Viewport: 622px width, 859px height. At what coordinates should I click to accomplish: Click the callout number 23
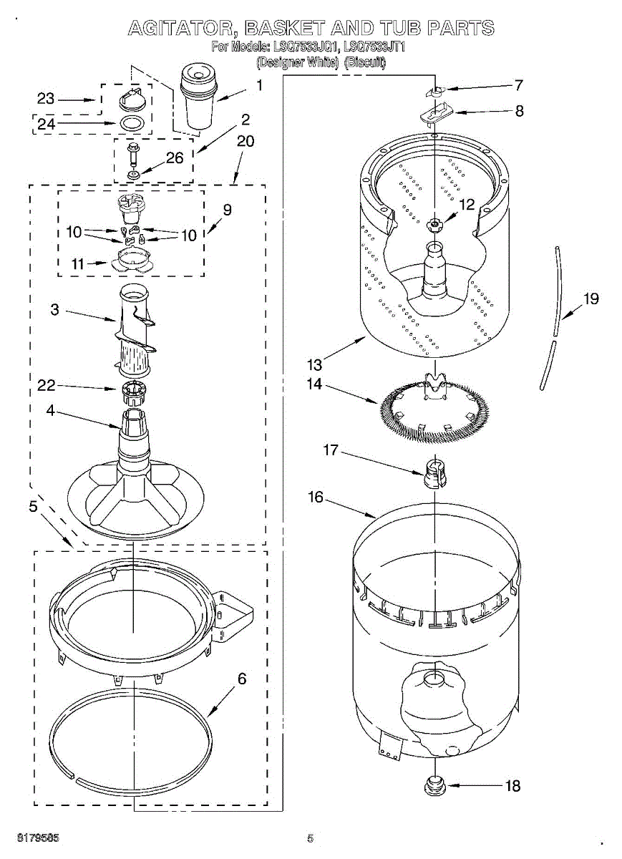46,100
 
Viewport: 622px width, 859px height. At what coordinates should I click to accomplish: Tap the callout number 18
512,785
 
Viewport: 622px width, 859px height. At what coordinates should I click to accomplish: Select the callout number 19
591,299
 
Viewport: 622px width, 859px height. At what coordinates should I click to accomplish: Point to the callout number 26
175,158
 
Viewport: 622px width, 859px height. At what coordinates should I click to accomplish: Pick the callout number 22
47,387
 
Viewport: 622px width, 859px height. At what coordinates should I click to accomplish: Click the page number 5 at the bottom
311,838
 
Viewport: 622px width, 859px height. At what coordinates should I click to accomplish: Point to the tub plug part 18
434,786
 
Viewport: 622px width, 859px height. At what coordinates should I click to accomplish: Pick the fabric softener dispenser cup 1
197,97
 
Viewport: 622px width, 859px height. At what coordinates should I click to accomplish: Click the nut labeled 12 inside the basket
434,225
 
